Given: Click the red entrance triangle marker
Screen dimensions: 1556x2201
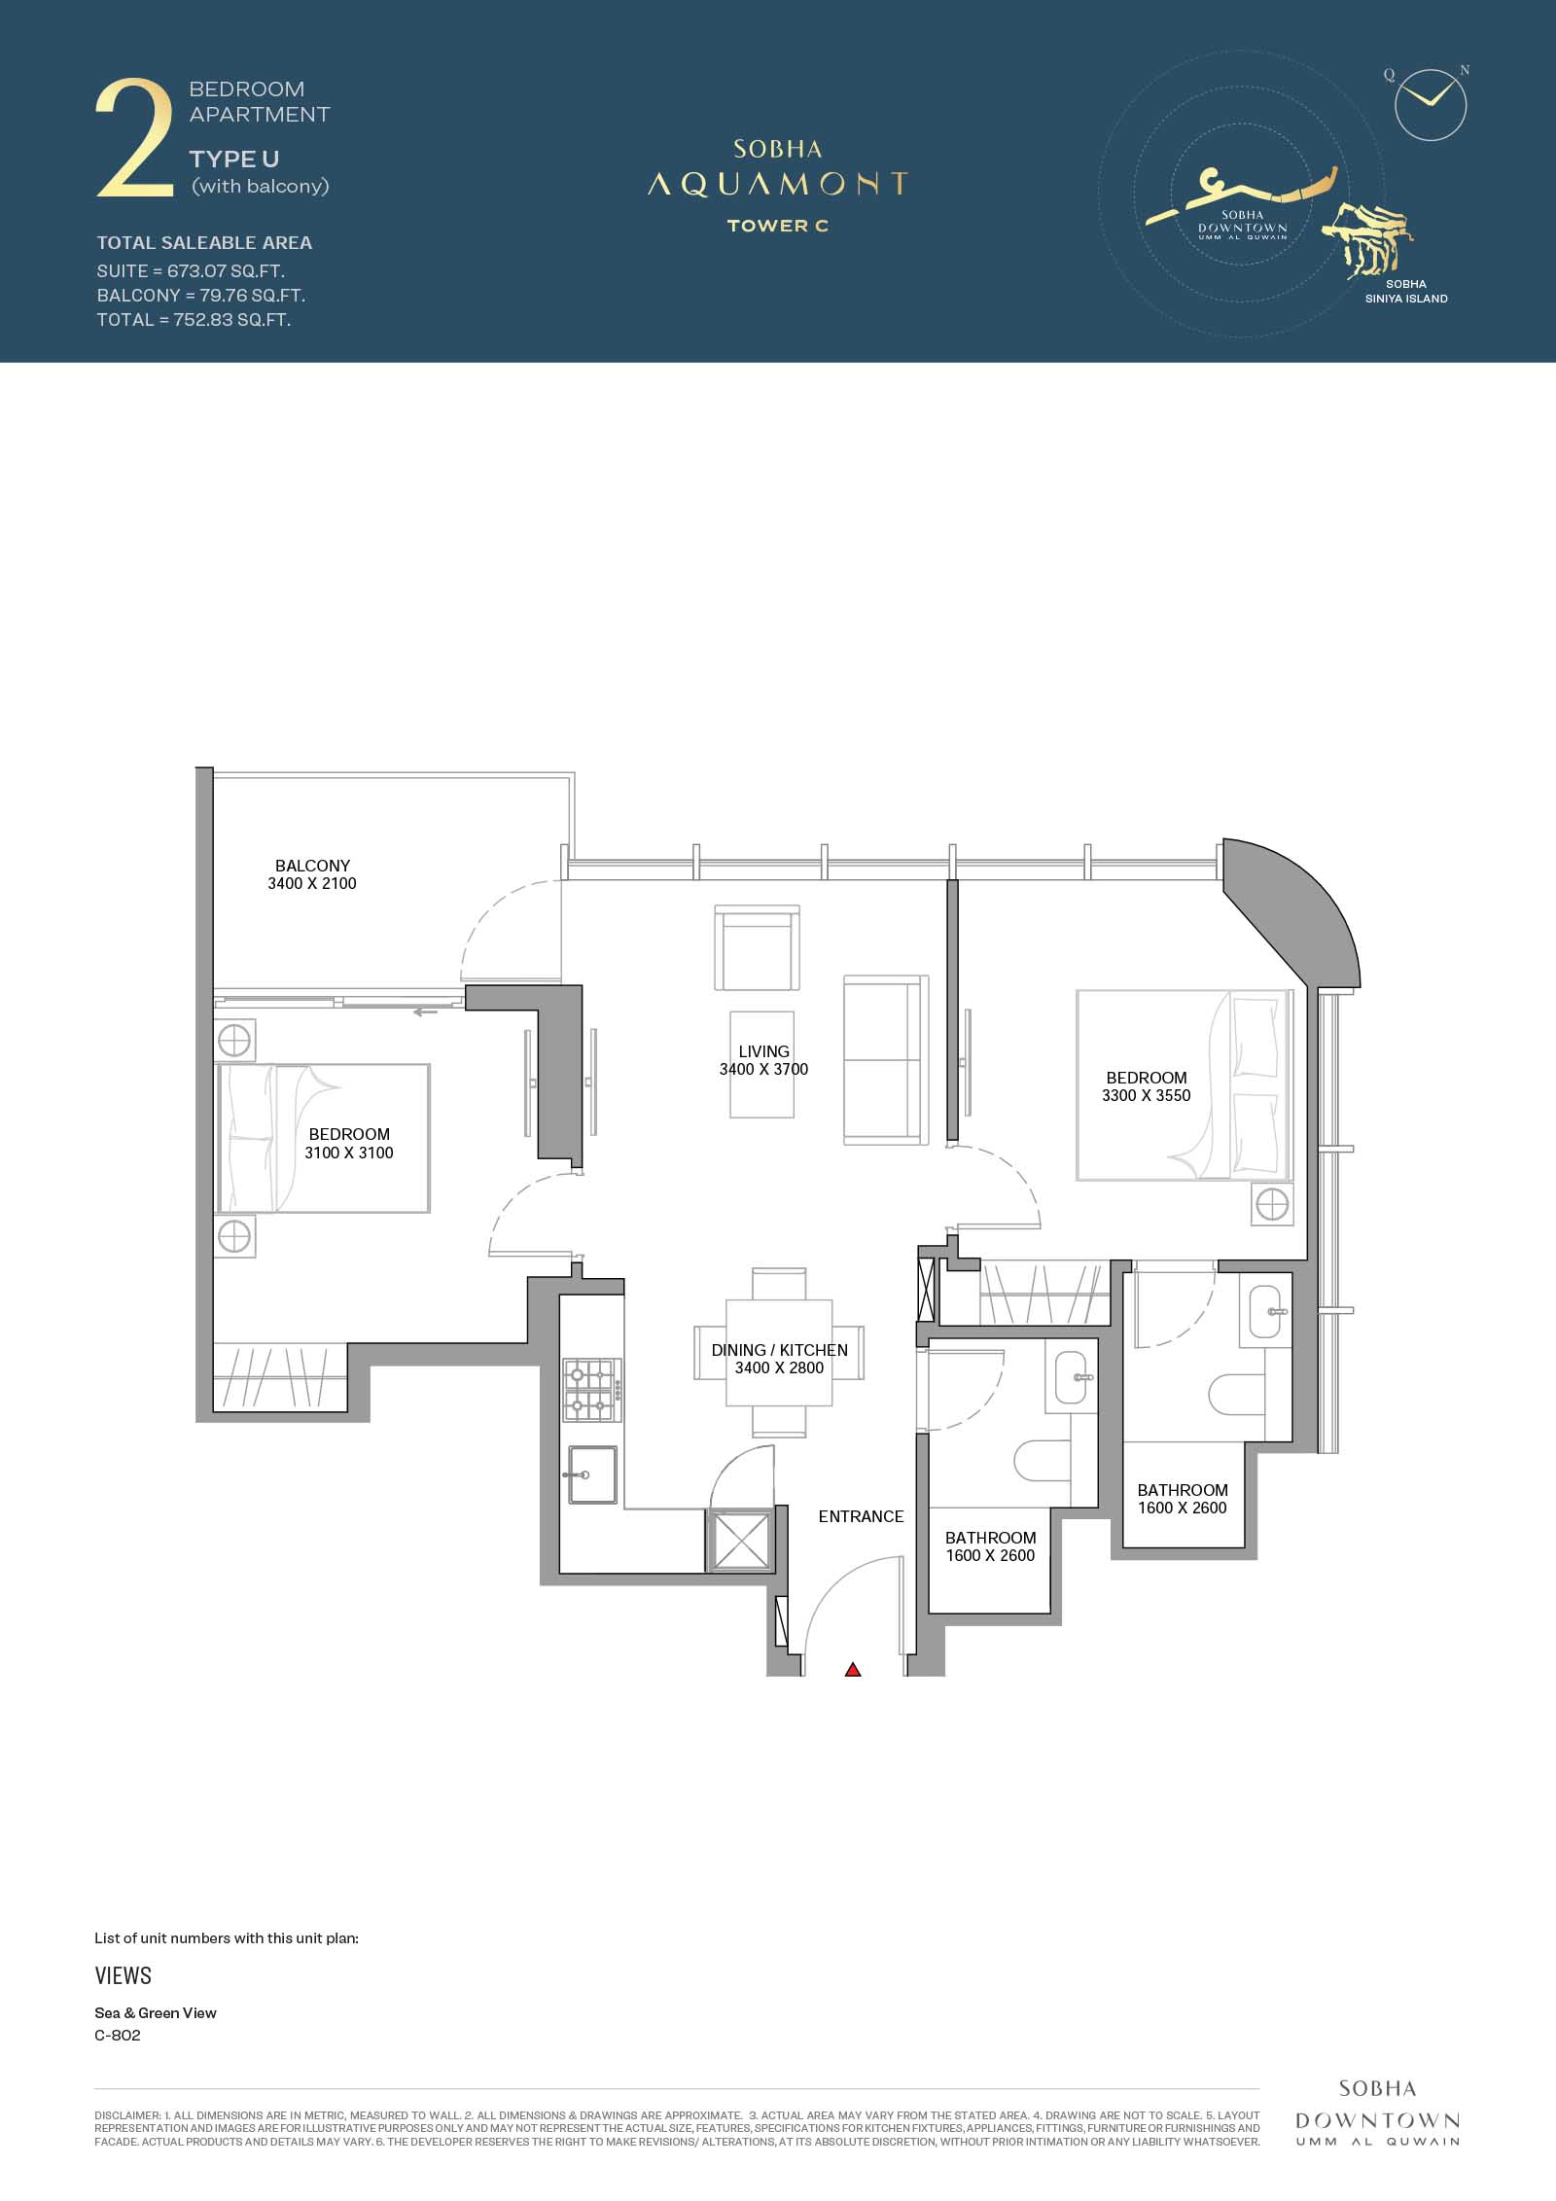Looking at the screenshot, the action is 853,1670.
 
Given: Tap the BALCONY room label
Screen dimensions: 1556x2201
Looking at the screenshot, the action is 312,866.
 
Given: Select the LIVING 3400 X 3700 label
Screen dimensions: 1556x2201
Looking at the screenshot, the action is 763,1060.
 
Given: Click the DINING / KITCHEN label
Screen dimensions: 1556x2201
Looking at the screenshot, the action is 779,1350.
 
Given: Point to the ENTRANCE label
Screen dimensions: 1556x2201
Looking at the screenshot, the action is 861,1516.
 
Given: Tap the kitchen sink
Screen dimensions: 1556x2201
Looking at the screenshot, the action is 590,1474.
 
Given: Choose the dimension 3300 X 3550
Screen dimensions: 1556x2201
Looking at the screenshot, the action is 1147,1095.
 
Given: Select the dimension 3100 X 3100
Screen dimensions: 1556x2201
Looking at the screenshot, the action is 349,1153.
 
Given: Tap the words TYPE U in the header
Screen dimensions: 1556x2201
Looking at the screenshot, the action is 234,159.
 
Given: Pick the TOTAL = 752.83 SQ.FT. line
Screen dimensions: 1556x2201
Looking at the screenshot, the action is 194,320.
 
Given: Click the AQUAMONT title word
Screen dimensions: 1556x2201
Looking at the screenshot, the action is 778,184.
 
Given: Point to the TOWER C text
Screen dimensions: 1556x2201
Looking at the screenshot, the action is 778,226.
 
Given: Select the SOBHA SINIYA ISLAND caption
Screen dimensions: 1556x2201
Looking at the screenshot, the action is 1406,292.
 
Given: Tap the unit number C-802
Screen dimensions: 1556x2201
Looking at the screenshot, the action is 118,2036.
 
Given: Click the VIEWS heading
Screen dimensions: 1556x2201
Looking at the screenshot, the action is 124,1975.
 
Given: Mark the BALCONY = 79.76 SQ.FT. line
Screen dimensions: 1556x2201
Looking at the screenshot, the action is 201,296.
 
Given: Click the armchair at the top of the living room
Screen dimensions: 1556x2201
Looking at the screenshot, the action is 757,947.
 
